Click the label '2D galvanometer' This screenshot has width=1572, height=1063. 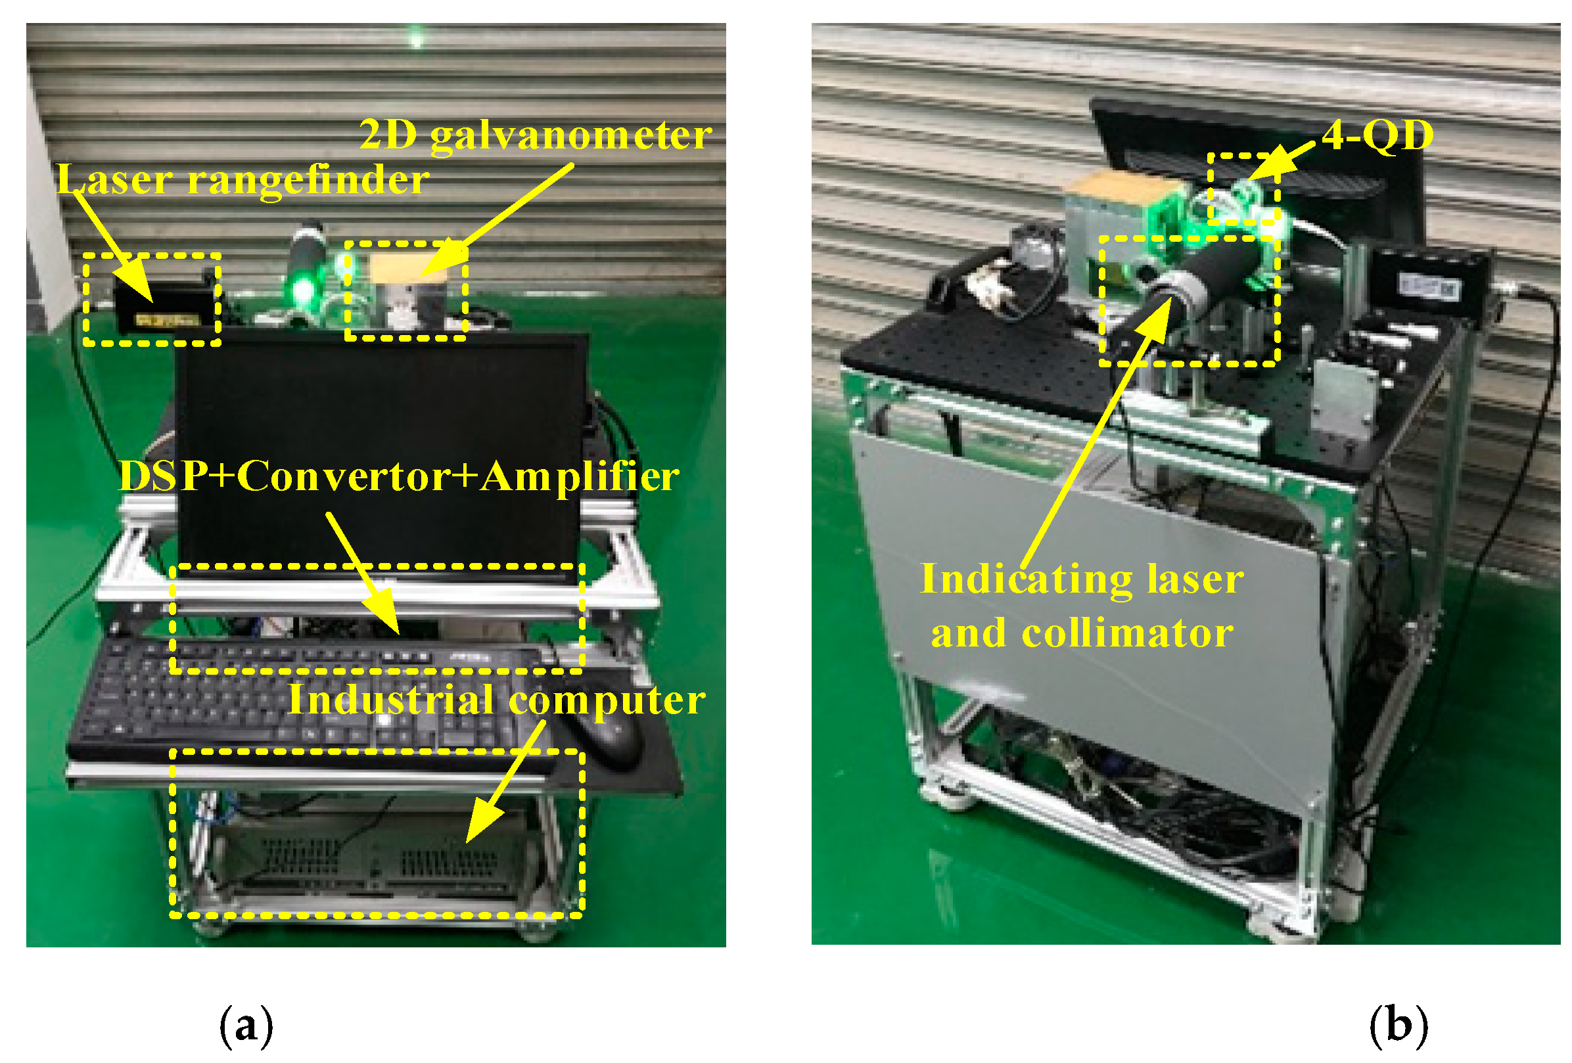[x=534, y=135]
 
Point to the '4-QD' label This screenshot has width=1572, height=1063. [x=1377, y=135]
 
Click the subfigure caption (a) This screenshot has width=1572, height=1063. [x=246, y=1026]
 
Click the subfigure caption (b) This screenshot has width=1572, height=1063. [x=1398, y=1026]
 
